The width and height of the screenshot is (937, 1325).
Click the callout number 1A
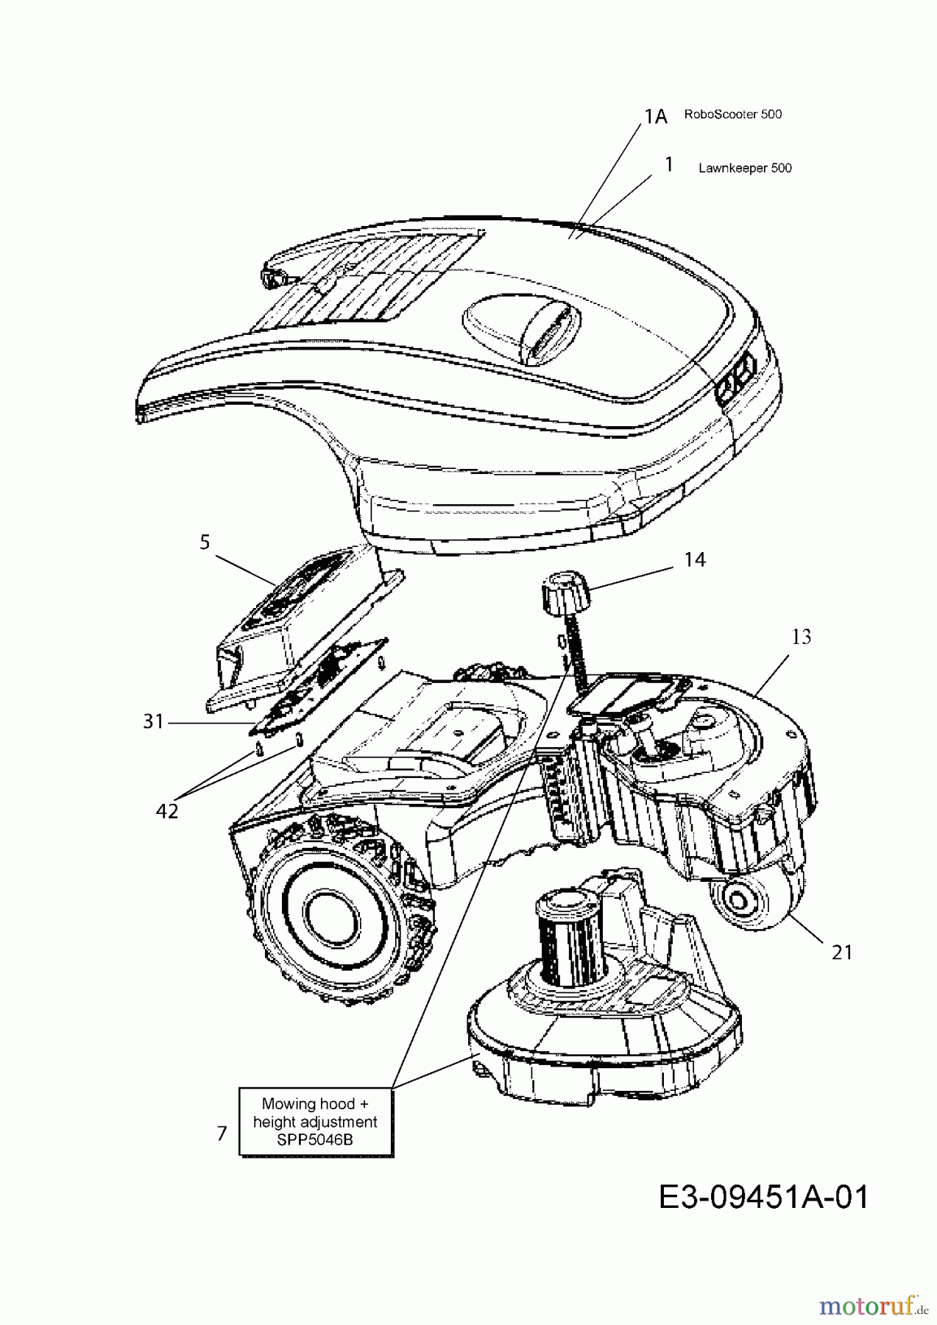[x=655, y=116]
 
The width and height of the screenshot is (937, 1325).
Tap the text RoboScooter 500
[x=732, y=115]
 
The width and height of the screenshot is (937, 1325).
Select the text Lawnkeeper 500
[x=745, y=168]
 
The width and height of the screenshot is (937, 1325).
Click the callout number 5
[x=205, y=543]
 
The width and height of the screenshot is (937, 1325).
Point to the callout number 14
[x=694, y=559]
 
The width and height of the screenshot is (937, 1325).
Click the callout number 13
[x=801, y=637]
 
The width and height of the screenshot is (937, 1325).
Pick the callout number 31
[x=153, y=722]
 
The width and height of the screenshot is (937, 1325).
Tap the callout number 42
[x=167, y=811]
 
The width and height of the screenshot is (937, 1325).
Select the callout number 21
[x=841, y=952]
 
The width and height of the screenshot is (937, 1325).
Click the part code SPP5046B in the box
[x=315, y=1140]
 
